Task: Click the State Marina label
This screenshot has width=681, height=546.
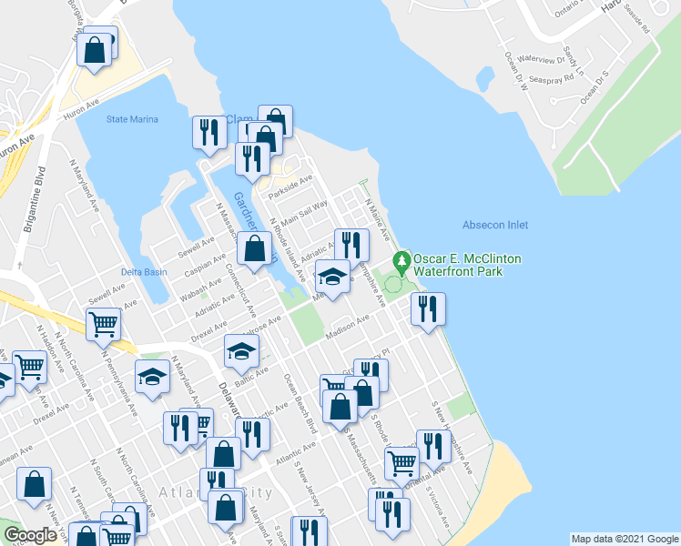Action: pos(132,119)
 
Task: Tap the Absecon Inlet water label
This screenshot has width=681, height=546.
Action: pos(494,225)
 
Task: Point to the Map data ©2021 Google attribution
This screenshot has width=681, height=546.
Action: pos(624,539)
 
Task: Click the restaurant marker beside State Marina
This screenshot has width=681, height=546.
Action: pos(209,131)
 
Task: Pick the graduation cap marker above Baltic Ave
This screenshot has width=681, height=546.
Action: pos(241,349)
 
